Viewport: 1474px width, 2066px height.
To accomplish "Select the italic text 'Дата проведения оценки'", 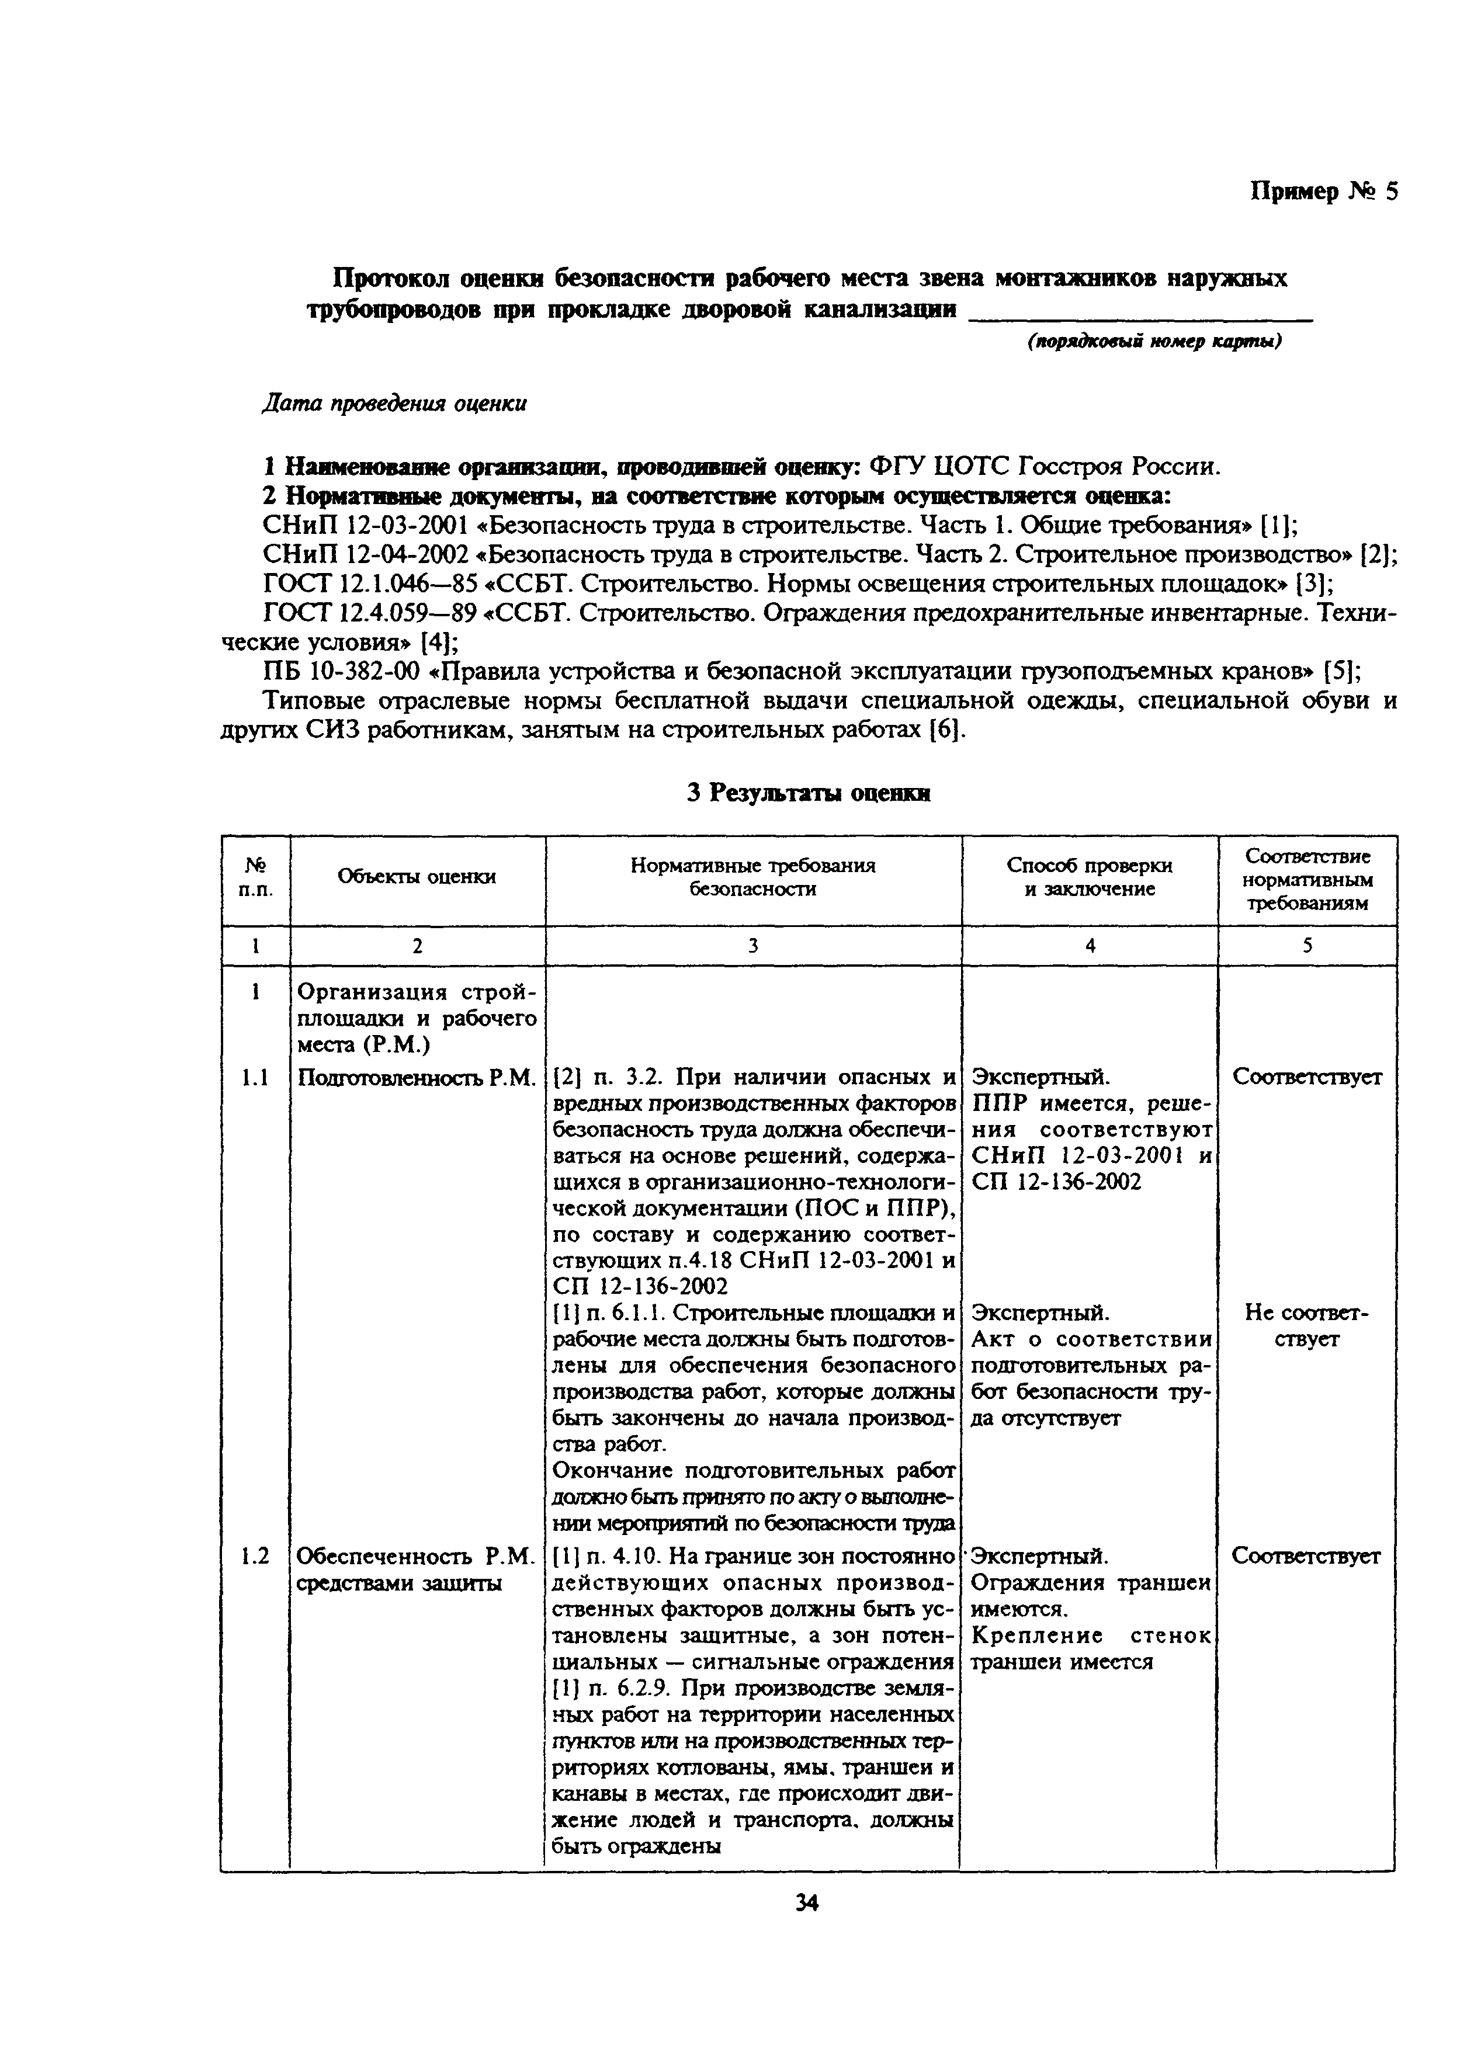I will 394,403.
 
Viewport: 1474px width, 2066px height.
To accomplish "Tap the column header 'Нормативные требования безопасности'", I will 752,877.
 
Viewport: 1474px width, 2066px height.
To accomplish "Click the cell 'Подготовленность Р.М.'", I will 417,1077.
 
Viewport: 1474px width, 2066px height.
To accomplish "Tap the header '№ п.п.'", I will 255,877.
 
